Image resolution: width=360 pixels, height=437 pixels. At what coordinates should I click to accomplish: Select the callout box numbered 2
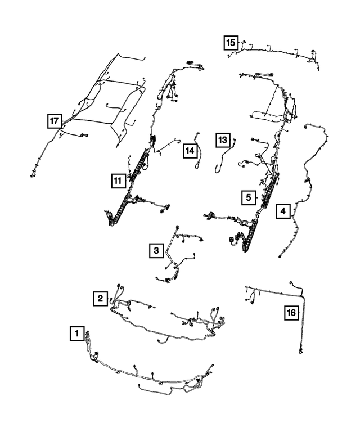tap(101, 298)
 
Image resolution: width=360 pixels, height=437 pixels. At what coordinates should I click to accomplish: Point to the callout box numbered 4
tap(283, 211)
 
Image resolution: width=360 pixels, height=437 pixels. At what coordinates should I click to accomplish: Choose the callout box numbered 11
tap(117, 181)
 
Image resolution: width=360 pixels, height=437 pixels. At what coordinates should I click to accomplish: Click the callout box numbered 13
tap(223, 139)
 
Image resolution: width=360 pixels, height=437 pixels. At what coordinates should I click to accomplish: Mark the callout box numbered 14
tap(190, 150)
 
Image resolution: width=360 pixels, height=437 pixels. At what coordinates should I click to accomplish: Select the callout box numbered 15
tap(230, 42)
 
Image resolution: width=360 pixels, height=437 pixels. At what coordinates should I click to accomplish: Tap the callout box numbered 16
tap(291, 312)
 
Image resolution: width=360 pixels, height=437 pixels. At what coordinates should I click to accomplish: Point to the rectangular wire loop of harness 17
tap(112, 101)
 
